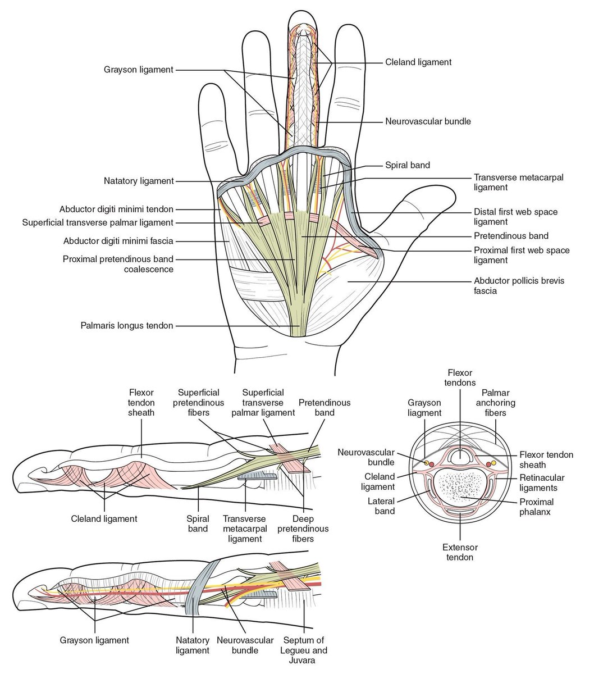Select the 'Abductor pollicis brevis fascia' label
519,286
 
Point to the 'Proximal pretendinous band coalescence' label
118,264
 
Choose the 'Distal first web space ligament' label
515,217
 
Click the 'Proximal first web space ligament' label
522,255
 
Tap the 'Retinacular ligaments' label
541,483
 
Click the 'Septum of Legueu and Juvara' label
305,650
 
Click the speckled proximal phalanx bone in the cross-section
459,485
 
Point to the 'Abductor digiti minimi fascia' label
118,241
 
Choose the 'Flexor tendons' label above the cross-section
460,377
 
